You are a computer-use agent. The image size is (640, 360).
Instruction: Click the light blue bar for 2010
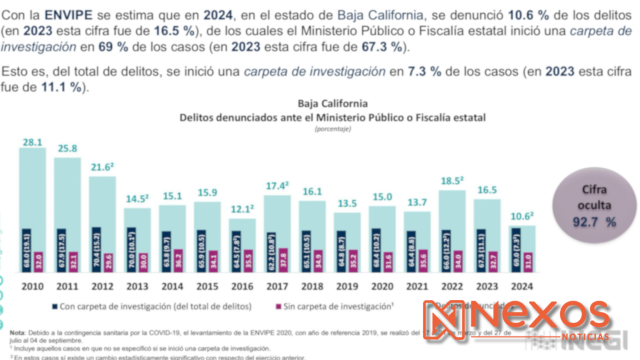pyautogui.click(x=32, y=187)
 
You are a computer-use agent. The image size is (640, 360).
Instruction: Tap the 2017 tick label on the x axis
pyautogui.click(x=277, y=287)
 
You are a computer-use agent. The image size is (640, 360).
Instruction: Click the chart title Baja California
pyautogui.click(x=332, y=104)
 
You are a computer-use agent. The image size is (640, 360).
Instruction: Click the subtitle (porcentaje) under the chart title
pyautogui.click(x=332, y=129)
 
